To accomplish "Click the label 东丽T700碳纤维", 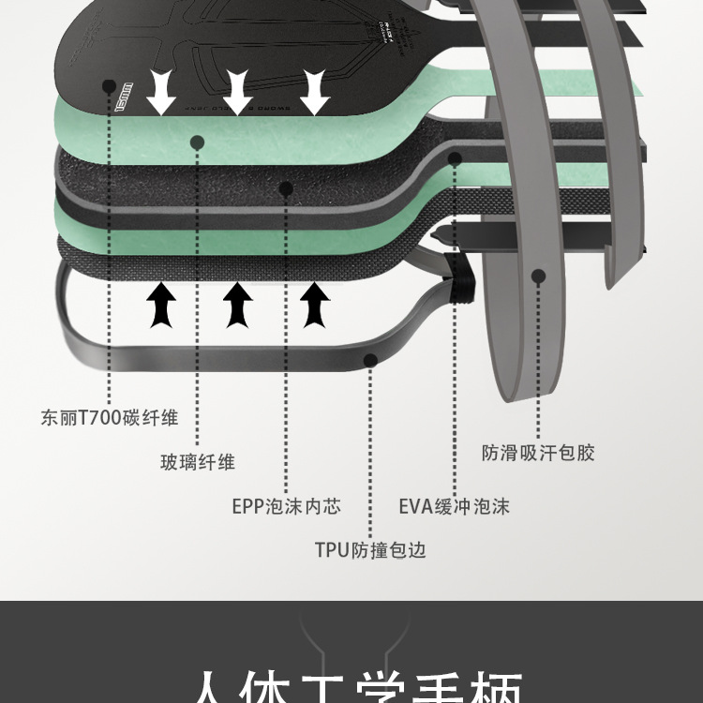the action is (110, 418).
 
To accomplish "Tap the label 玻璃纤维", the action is (197, 461).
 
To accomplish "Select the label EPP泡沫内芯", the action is (286, 506).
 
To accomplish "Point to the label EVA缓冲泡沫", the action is (454, 506).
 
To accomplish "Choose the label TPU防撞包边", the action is (370, 549).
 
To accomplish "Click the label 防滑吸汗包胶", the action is (538, 453).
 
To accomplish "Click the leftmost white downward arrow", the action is (162, 92).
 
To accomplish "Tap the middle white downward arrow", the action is (238, 92).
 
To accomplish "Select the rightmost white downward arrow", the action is (315, 92).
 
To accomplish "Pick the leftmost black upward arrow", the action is (162, 305).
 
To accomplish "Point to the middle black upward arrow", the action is (238, 305).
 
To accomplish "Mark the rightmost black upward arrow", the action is (315, 305).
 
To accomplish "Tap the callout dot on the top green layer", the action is (197, 142).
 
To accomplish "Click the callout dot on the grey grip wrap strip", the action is (538, 276).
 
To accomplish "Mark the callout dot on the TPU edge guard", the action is (370, 358).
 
